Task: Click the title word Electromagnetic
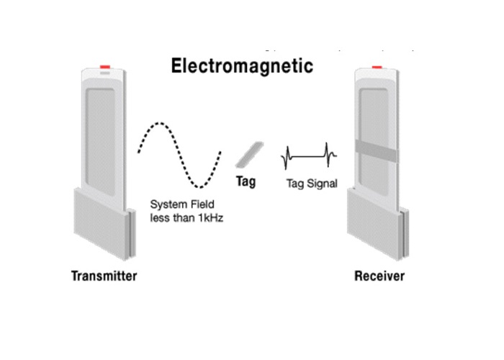click(x=242, y=67)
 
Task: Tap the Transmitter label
click(x=104, y=275)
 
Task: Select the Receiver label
click(x=379, y=276)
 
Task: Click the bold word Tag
click(x=246, y=182)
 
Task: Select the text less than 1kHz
click(x=186, y=217)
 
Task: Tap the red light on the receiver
click(x=377, y=68)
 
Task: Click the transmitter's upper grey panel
click(x=105, y=133)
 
